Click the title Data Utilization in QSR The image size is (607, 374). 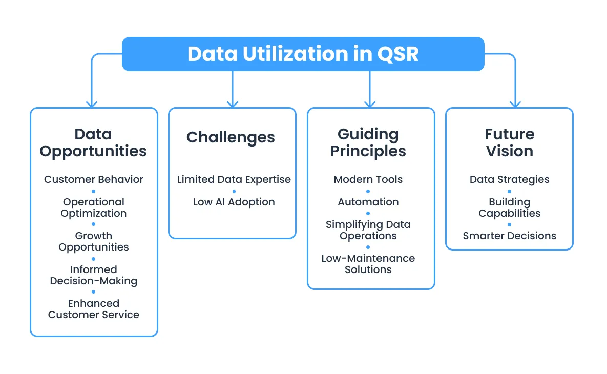(x=303, y=54)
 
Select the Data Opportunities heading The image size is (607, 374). (x=93, y=143)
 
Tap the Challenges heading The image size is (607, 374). (x=231, y=137)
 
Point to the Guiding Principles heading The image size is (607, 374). (x=368, y=143)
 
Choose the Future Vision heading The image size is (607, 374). (x=509, y=143)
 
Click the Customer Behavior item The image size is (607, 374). (x=94, y=179)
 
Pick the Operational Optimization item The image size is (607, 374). (x=94, y=207)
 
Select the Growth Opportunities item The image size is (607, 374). (x=94, y=241)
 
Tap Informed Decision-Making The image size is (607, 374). (x=94, y=275)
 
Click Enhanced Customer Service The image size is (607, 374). (x=94, y=309)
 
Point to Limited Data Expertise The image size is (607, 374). (x=234, y=179)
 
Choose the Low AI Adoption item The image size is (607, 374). (x=234, y=202)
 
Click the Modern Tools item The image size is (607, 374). (x=368, y=179)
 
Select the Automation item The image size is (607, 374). (x=368, y=202)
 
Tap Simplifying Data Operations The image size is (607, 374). (x=368, y=230)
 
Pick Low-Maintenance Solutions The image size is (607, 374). (x=368, y=264)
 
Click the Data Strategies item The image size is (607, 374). (x=509, y=179)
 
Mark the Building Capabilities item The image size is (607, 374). (x=509, y=207)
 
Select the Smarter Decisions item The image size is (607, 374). (x=509, y=236)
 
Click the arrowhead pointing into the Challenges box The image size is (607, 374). (x=233, y=103)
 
